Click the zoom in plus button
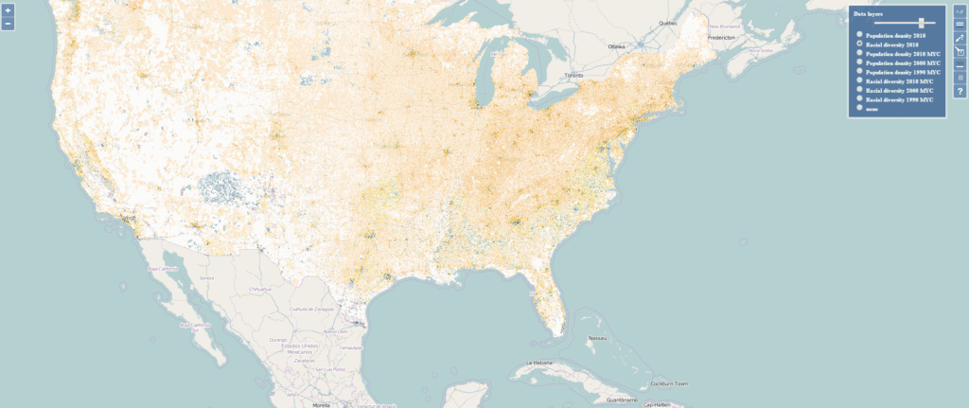(8, 10)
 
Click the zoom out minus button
(8, 23)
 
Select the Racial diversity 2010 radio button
(859, 44)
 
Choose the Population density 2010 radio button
(859, 34)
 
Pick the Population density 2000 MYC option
(859, 62)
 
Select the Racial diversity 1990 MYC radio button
(859, 98)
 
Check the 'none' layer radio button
(859, 108)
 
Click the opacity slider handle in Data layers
(921, 23)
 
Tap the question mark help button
(960, 91)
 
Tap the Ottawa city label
(617, 46)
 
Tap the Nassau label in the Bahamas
(596, 337)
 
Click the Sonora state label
(206, 278)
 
